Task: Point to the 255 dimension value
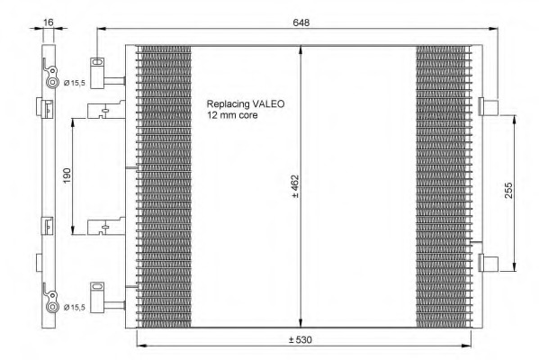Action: click(x=522, y=189)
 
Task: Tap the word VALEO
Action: click(x=267, y=103)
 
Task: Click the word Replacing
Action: click(x=228, y=103)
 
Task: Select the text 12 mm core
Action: click(x=232, y=115)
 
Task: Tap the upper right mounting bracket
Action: click(x=491, y=107)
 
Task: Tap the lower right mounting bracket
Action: click(x=491, y=263)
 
